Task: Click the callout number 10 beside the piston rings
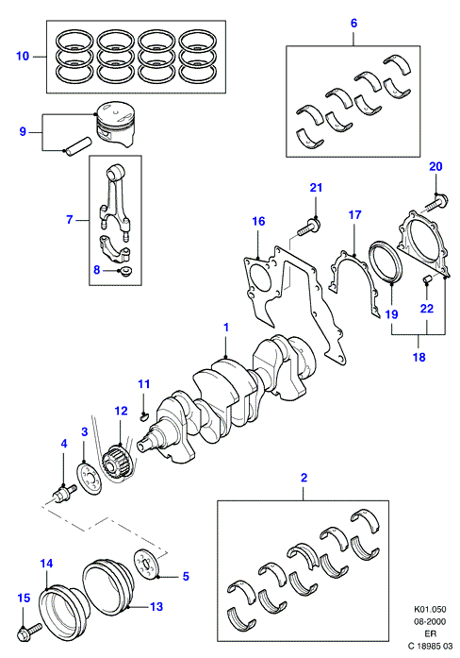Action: pos(23,56)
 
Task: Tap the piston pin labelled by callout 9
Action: pos(77,147)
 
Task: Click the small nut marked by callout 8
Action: pos(124,271)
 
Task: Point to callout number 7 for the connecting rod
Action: pos(70,219)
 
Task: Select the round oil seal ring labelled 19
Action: pos(386,262)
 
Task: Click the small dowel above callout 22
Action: pos(426,279)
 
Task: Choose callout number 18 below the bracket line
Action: pos(419,357)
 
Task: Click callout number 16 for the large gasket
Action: pos(258,221)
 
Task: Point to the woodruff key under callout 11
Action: pos(143,416)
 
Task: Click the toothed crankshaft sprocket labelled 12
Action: pos(118,464)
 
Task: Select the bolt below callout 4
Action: pos(63,493)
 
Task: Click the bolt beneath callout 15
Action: pos(29,632)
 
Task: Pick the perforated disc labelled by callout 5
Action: pos(147,565)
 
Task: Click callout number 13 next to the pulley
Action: pos(156,606)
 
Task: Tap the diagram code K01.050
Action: pos(430,609)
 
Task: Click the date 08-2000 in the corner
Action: pos(430,621)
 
